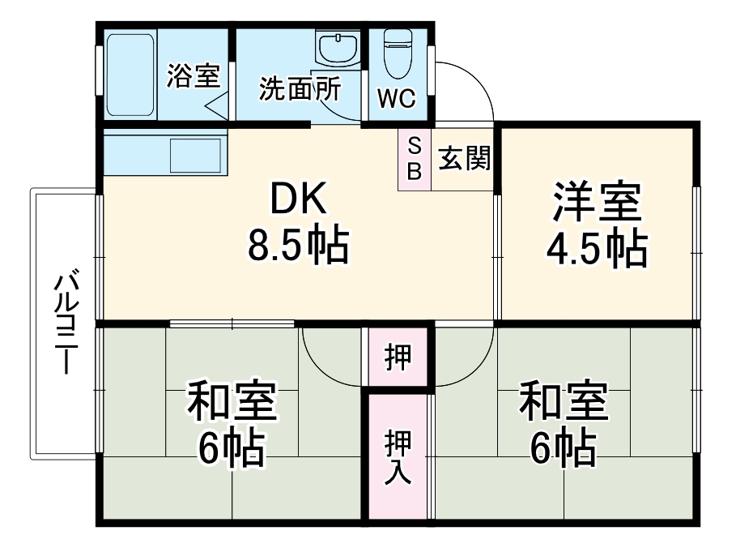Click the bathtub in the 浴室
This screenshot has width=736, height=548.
pyautogui.click(x=130, y=75)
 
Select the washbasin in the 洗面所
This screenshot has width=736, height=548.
pyautogui.click(x=338, y=48)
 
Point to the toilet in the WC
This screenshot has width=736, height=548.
pyautogui.click(x=398, y=54)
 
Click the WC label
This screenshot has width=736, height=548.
pyautogui.click(x=397, y=98)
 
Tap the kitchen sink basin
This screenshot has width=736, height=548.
pyautogui.click(x=195, y=156)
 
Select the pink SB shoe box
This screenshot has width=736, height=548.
pyautogui.click(x=414, y=160)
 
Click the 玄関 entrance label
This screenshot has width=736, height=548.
pyautogui.click(x=464, y=158)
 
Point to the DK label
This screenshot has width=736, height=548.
pyautogui.click(x=298, y=199)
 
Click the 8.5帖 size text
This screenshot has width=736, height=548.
pyautogui.click(x=299, y=245)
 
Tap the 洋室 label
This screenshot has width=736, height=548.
pyautogui.click(x=597, y=201)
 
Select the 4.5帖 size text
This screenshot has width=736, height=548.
pyautogui.click(x=597, y=249)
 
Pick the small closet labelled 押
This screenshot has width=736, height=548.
pyautogui.click(x=398, y=357)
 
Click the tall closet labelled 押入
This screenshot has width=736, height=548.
pyautogui.click(x=398, y=456)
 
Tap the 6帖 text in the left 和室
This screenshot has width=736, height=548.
pyautogui.click(x=232, y=448)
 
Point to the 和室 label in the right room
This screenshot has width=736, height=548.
pyautogui.click(x=564, y=402)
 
